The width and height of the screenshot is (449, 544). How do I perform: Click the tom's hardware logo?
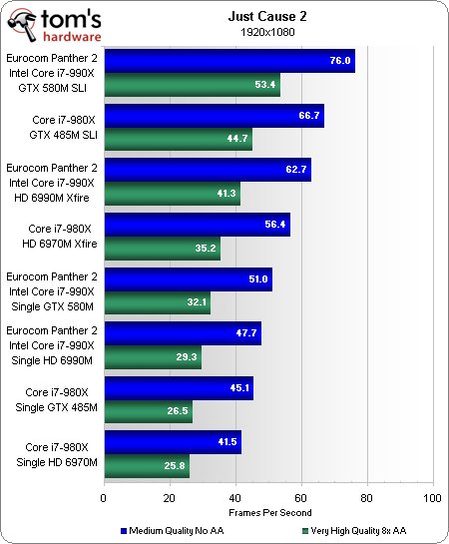[x=50, y=22]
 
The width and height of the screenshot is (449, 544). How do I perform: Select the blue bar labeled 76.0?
[x=228, y=61]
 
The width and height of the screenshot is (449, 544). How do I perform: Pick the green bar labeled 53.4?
[x=192, y=85]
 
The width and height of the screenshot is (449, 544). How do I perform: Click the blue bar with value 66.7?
[x=214, y=115]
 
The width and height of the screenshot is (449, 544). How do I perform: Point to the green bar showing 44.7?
[x=178, y=139]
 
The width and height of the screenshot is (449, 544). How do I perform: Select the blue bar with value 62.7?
[x=207, y=169]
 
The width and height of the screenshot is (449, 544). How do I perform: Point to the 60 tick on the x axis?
[x=301, y=497]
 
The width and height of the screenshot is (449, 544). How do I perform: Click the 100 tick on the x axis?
[x=432, y=497]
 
